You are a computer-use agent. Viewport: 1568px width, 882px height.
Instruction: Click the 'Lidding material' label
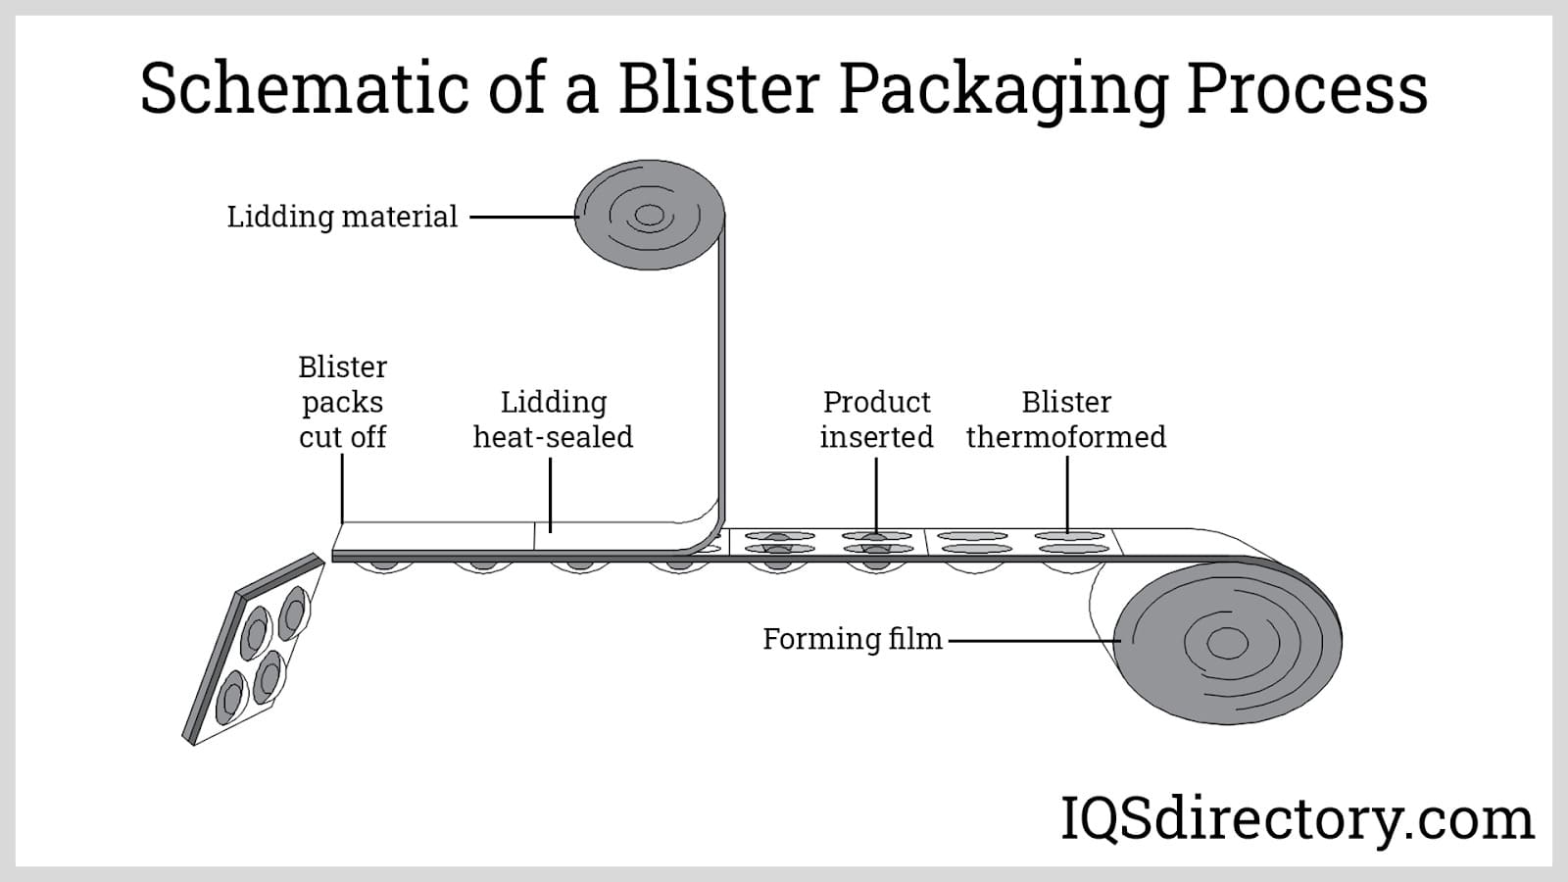tap(342, 217)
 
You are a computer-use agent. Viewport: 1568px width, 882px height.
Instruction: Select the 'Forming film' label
tap(852, 639)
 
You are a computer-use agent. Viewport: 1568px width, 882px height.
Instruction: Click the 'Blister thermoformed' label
tap(1066, 419)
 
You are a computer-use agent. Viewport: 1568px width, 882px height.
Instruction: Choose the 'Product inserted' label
tap(876, 419)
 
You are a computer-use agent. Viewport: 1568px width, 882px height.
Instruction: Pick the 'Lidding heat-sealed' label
tap(553, 419)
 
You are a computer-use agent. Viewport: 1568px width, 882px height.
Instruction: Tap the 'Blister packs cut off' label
tap(342, 402)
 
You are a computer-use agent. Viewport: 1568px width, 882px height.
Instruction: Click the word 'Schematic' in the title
tap(301, 88)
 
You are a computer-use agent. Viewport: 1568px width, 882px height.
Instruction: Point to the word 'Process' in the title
tap(1307, 88)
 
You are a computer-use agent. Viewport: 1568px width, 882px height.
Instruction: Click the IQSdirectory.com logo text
tap(1297, 819)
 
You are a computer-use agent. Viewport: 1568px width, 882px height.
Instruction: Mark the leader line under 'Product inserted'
tap(876, 495)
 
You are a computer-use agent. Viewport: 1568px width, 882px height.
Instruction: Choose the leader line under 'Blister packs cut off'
tap(342, 488)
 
